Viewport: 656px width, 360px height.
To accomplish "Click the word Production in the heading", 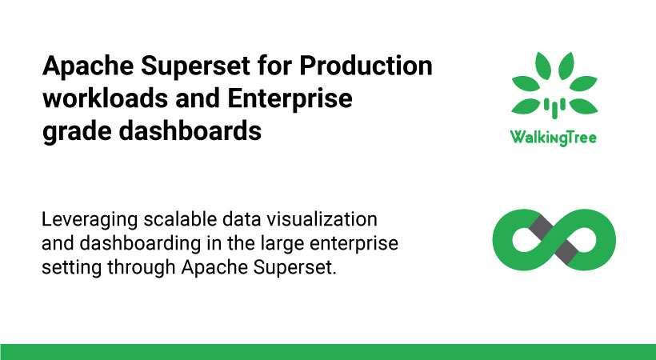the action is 366,66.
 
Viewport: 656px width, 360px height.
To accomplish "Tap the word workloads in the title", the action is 105,98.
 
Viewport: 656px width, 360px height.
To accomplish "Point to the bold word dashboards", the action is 190,131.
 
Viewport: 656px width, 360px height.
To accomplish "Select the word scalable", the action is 180,219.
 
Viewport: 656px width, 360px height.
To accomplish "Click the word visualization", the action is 322,219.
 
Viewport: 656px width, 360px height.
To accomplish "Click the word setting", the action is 71,268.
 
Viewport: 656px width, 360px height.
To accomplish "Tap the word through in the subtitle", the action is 141,268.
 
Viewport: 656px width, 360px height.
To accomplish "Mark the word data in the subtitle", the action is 242,219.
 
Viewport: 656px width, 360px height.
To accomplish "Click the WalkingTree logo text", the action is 554,138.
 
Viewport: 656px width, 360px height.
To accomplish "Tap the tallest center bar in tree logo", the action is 554,109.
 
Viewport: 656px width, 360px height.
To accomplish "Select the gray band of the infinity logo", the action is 554,239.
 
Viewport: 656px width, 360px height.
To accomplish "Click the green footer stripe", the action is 328,352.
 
